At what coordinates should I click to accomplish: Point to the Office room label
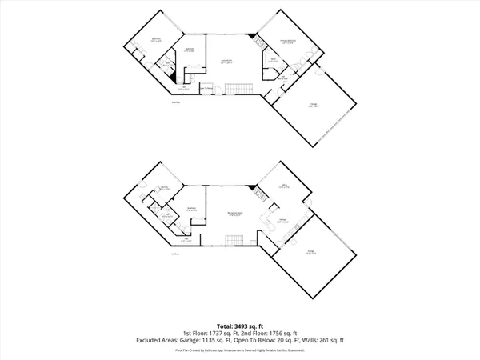(284, 186)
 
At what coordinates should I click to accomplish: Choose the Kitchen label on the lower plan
(283, 221)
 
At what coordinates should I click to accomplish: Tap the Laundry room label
(164, 189)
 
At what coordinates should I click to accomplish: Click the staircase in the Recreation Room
(234, 240)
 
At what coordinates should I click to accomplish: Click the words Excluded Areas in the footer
(158, 340)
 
